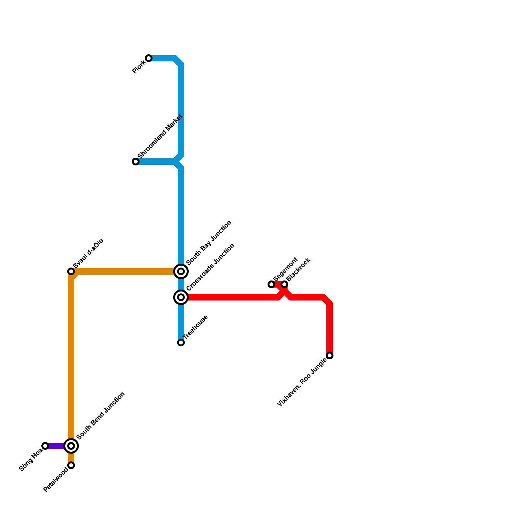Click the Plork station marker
click(149, 58)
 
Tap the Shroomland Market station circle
click(136, 162)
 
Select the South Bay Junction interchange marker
click(181, 271)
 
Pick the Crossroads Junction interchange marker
click(181, 297)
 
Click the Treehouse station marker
click(181, 343)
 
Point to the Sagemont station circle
click(271, 284)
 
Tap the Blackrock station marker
click(284, 284)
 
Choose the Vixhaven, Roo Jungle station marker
click(330, 355)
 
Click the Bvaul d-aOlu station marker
click(71, 271)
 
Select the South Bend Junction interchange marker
click(71, 446)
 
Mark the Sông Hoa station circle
click(45, 446)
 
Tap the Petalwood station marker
click(71, 465)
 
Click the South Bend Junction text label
click(100, 416)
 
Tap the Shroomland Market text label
click(160, 137)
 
